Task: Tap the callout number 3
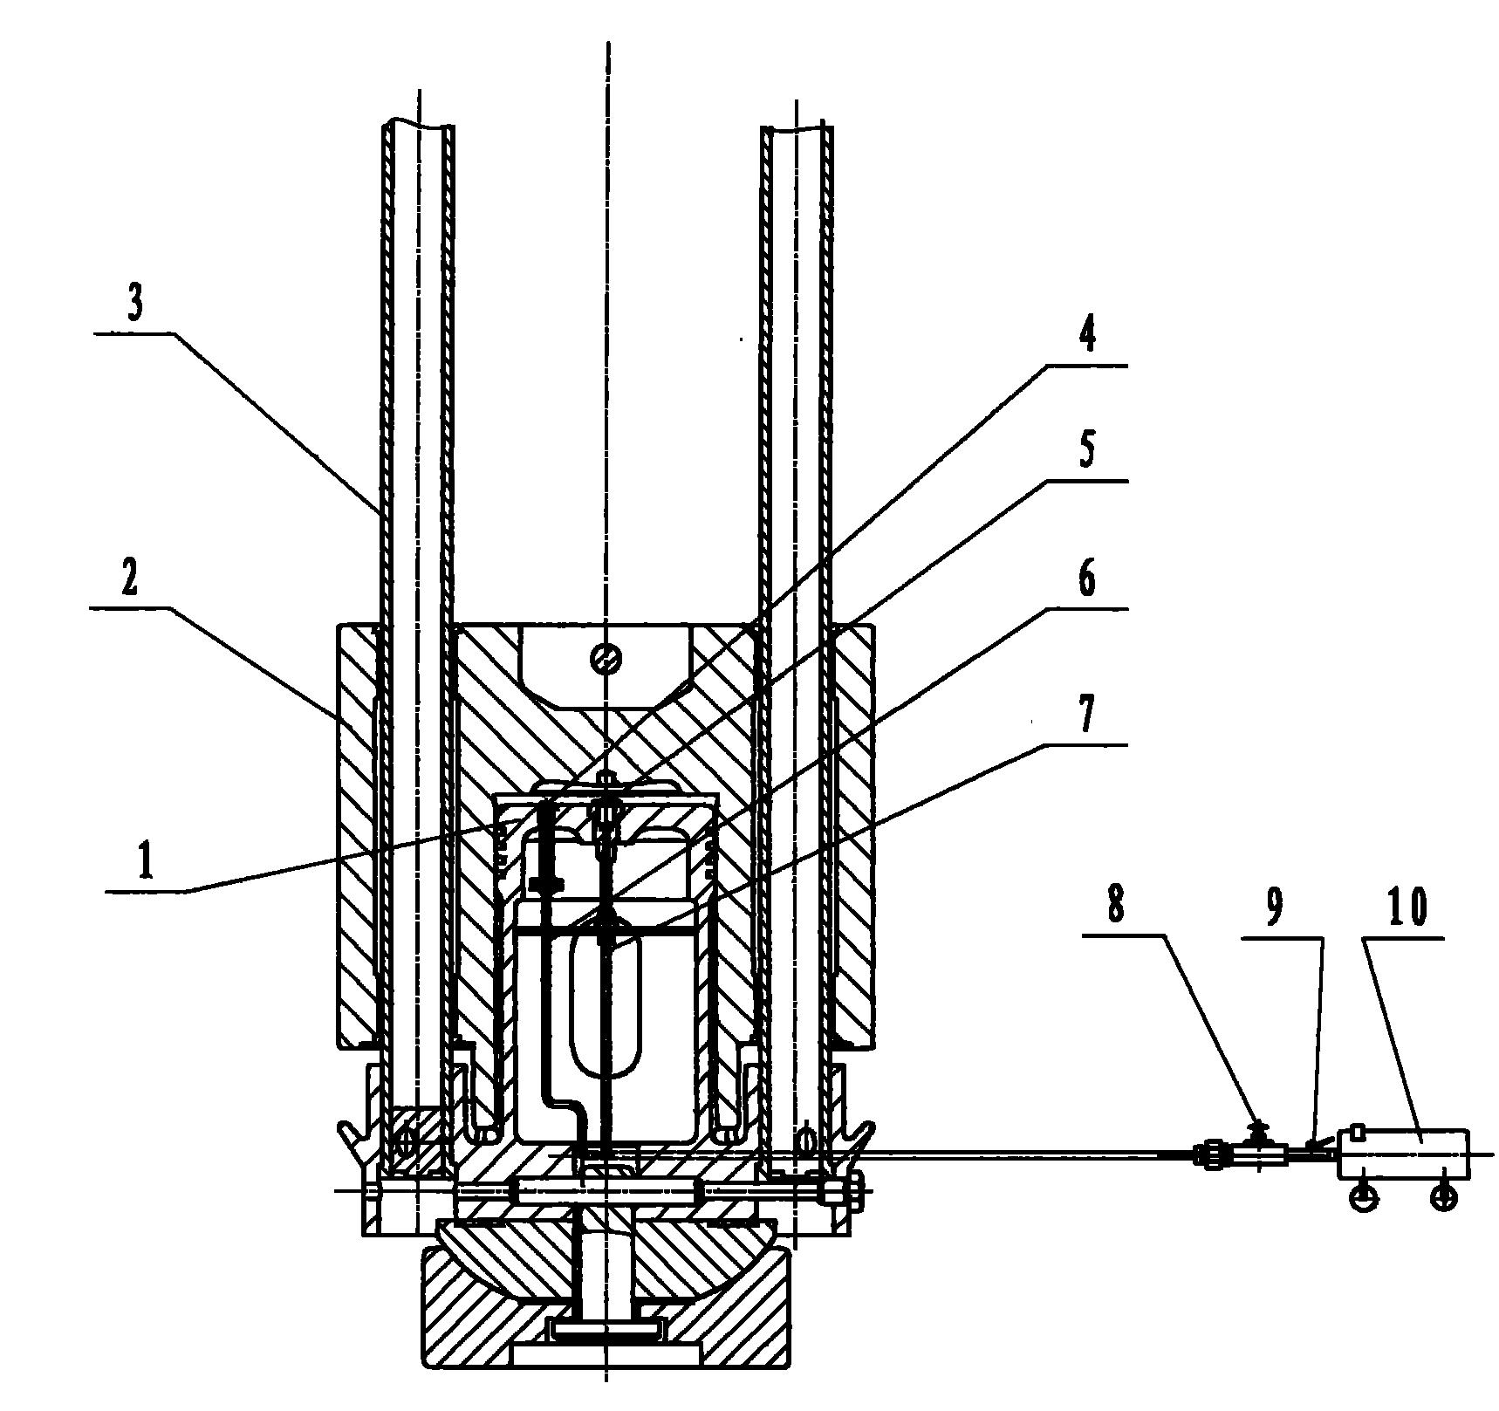[134, 306]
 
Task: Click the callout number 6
[1086, 579]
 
